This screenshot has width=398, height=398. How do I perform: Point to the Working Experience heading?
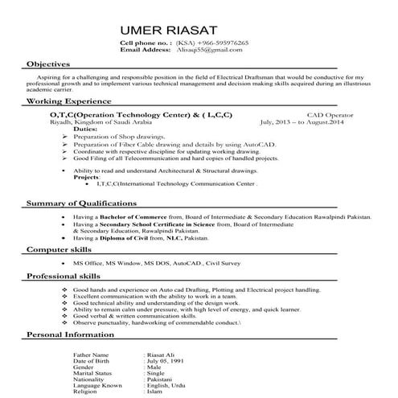click(69, 102)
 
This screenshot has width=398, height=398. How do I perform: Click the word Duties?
click(87, 129)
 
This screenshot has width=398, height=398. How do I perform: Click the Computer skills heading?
click(62, 251)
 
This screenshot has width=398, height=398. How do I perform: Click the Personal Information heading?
click(72, 334)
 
